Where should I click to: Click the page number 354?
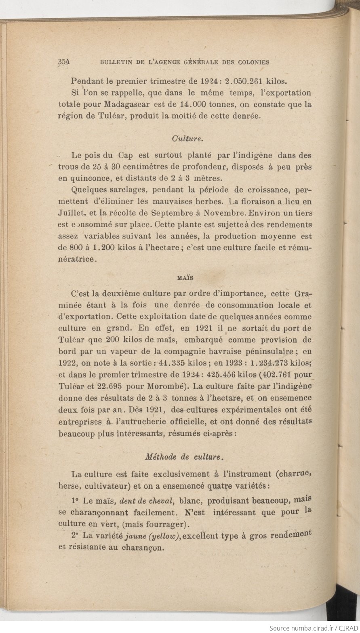click(x=64, y=62)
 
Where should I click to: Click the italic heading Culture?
click(x=187, y=138)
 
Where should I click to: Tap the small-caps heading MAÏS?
click(x=185, y=278)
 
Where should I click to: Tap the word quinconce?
click(x=89, y=178)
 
